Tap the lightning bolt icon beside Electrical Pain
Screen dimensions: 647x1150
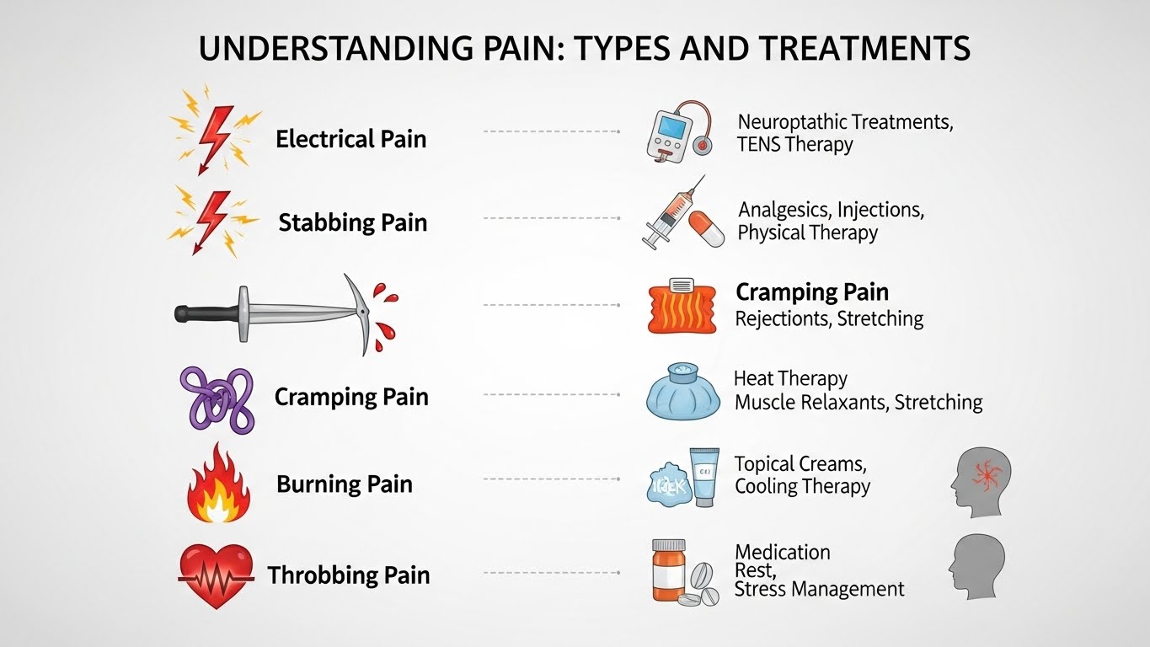[214, 135]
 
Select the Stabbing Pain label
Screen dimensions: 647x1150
[352, 223]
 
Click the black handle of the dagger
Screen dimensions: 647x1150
[203, 313]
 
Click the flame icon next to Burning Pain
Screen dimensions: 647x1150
[217, 485]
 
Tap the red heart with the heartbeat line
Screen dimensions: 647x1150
[216, 575]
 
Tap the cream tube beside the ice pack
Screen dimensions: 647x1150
[703, 477]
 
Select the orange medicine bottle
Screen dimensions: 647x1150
[668, 570]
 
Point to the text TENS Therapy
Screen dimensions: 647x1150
[794, 144]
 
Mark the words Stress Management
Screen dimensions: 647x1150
[819, 590]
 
